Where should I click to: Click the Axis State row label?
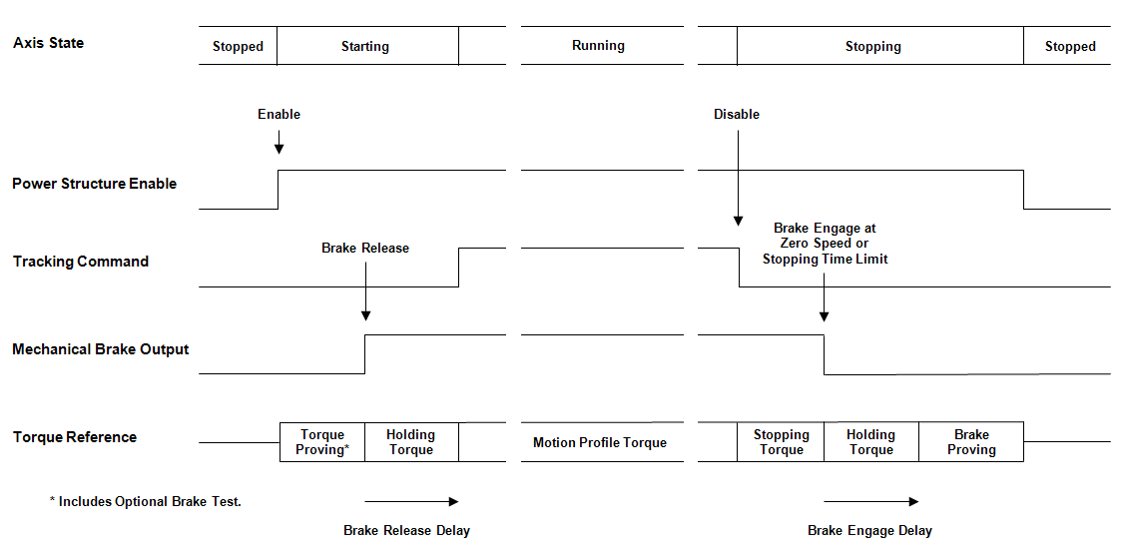48,43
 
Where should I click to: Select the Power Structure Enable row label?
94,184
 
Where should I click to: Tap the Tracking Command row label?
80,262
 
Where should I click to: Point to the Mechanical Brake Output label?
100,349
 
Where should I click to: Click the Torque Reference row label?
74,437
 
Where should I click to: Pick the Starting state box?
366,46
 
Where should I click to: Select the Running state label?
598,45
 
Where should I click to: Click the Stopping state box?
873,46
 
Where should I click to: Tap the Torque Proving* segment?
322,442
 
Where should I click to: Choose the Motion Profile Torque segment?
600,442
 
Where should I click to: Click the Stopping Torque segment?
781,442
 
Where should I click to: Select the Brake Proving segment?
971,442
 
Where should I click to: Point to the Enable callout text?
279,115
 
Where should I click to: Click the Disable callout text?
737,115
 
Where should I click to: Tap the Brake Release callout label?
365,248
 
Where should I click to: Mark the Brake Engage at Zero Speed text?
825,244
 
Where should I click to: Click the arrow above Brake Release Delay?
411,501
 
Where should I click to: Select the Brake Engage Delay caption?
869,530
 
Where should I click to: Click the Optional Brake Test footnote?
146,501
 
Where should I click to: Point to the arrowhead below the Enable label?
279,149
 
